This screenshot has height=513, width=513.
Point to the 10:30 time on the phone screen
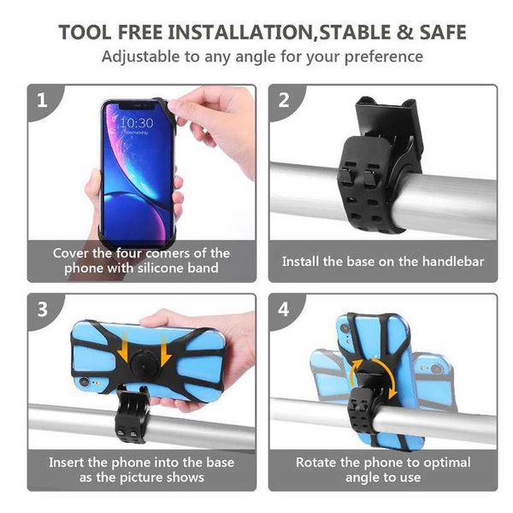136,123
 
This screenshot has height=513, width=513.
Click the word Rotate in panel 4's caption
318,463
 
